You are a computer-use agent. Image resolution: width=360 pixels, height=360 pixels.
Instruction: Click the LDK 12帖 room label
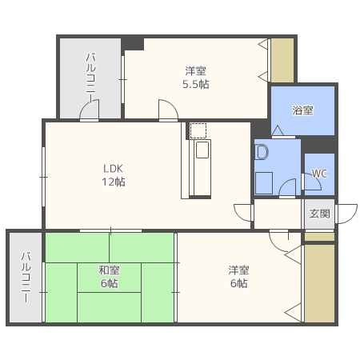coord(114,175)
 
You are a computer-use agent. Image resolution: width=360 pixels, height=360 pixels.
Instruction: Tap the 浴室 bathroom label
coord(302,110)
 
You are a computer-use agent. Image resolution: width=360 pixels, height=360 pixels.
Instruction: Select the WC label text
coord(319,174)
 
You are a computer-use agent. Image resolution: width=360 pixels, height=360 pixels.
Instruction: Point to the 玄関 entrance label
coord(319,214)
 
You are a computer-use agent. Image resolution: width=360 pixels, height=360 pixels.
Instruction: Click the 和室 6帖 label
coord(110,277)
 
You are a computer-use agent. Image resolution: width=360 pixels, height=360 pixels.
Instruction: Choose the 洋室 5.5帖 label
coord(196,78)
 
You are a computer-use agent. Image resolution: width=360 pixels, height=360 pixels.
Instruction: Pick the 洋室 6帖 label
coord(238,277)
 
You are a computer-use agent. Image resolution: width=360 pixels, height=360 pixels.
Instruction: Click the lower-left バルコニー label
coord(26,278)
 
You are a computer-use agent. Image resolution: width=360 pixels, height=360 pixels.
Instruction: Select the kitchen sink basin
coord(202,150)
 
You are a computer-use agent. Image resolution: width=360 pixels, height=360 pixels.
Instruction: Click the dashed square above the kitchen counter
coord(198,130)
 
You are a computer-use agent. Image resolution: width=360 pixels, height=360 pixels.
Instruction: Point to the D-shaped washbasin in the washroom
coord(262,152)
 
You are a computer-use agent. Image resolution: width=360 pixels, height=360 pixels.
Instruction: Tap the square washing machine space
coord(264,183)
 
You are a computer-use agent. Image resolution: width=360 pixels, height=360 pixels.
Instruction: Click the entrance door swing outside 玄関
coord(346,214)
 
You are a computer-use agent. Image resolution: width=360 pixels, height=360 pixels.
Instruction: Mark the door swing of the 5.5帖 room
coord(168,110)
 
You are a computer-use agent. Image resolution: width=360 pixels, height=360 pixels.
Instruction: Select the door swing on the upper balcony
coord(90,110)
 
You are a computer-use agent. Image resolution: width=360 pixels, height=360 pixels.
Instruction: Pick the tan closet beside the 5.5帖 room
coord(282,60)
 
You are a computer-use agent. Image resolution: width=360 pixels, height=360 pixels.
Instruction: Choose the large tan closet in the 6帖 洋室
coord(319,283)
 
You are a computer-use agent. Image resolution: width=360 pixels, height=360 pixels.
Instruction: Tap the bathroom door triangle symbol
coord(278,130)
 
